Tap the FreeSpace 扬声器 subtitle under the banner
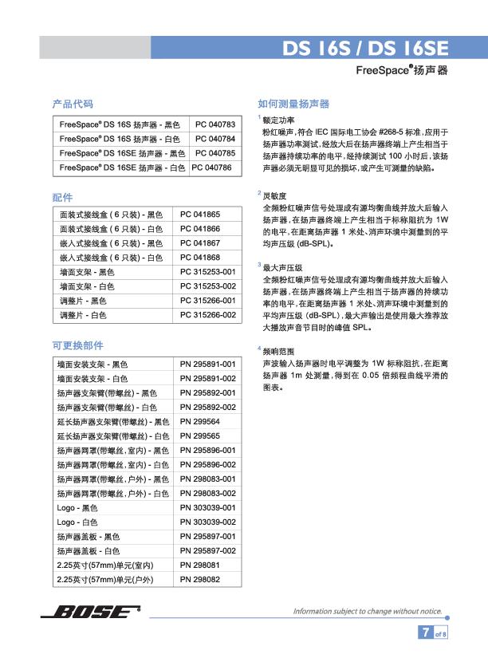click(x=401, y=70)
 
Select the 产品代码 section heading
click(x=73, y=104)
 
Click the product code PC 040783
click(x=215, y=125)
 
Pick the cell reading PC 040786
click(x=211, y=168)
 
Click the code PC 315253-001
click(x=208, y=272)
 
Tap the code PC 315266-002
click(x=208, y=315)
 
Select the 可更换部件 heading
click(x=77, y=345)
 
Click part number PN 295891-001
click(x=208, y=364)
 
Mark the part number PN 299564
click(x=200, y=421)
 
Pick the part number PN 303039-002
click(x=208, y=522)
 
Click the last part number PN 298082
click(x=200, y=579)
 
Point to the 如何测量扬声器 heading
click(x=293, y=104)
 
